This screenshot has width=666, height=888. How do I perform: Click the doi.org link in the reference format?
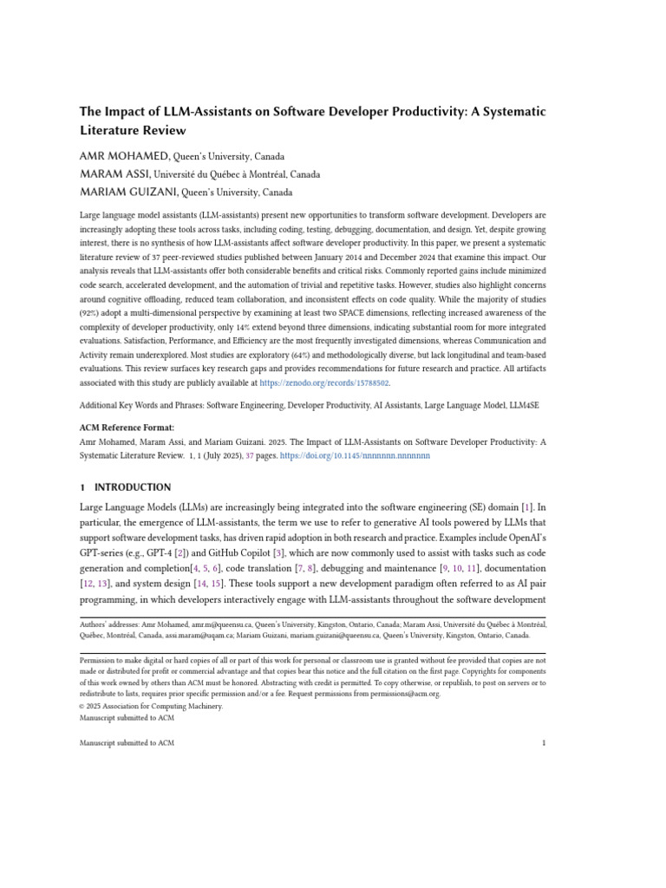[x=370, y=454]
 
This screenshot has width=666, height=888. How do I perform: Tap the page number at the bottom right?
[x=543, y=742]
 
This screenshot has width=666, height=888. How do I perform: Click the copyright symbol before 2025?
[x=82, y=706]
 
